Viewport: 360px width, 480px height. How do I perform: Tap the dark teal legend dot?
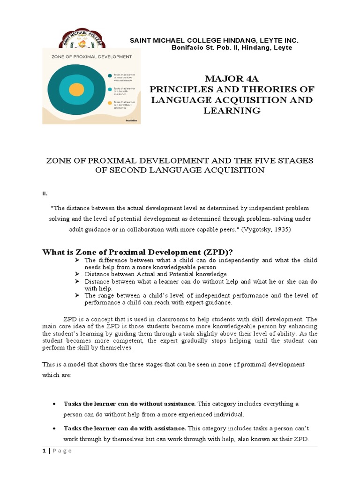(109, 75)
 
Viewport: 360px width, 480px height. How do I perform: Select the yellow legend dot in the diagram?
(109, 103)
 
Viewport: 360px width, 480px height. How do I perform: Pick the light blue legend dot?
(109, 89)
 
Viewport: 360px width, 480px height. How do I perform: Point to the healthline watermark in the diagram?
(131, 120)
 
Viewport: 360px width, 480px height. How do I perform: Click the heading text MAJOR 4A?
(232, 78)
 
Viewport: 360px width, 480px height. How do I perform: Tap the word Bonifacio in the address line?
(186, 48)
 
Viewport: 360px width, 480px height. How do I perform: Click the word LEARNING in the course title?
(232, 111)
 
